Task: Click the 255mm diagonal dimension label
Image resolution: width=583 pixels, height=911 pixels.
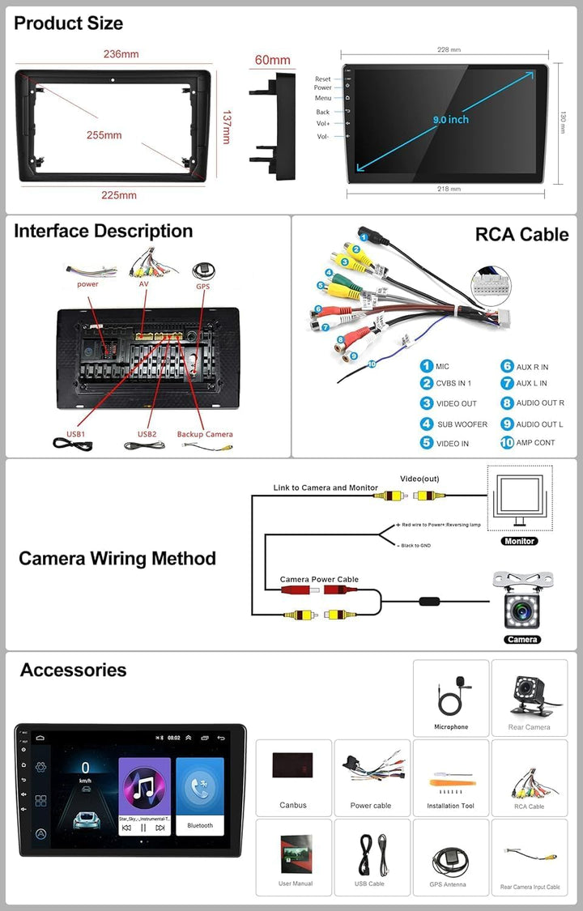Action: (104, 135)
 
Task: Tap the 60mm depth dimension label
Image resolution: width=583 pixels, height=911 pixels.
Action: (272, 60)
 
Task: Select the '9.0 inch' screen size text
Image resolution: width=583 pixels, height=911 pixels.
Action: (450, 120)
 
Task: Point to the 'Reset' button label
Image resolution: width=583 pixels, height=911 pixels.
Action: (323, 79)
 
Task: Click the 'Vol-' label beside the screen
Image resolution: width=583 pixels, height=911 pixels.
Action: (323, 137)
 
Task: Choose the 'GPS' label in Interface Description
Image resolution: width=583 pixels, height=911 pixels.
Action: (202, 286)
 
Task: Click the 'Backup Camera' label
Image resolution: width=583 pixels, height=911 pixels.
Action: (205, 434)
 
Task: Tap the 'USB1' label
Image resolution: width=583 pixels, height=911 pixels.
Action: (76, 434)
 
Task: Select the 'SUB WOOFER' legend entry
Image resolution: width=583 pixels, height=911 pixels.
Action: (462, 424)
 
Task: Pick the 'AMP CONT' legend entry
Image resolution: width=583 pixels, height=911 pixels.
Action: (535, 443)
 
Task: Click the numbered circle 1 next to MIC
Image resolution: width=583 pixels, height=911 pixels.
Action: (426, 367)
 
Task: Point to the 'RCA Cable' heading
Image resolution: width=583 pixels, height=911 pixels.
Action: (521, 235)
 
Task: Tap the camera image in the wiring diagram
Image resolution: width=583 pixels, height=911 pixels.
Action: (522, 602)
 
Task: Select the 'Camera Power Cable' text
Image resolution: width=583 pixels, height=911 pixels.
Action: (319, 580)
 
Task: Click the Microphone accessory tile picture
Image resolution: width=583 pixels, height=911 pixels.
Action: (451, 692)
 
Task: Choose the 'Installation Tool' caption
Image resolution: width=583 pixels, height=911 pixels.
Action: (451, 806)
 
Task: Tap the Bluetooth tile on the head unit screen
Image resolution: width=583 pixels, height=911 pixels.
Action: (200, 797)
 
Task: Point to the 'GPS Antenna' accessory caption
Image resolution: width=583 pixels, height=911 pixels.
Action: (448, 884)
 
